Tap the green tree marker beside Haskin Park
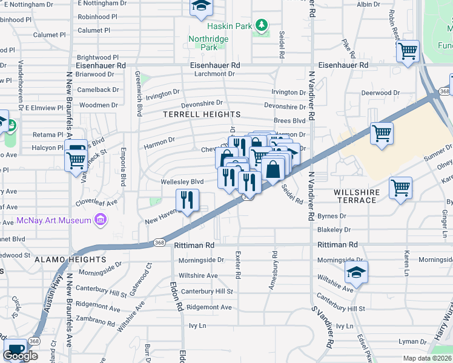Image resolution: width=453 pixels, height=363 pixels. point(261,25)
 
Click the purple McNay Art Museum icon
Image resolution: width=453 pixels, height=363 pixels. point(101,219)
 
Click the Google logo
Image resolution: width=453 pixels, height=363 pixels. point(20,356)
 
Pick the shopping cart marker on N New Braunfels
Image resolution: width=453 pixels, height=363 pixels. point(76,160)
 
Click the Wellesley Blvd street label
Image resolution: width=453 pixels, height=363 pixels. point(182,181)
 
